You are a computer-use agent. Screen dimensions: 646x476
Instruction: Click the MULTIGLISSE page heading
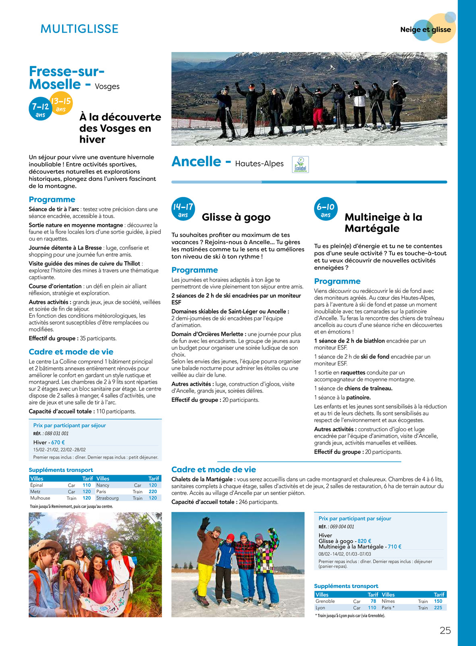(79, 29)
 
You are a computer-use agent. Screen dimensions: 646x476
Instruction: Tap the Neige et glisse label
(425, 29)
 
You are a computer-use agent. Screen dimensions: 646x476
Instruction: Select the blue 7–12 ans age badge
(40, 109)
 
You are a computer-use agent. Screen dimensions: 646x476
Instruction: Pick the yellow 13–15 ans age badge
(61, 104)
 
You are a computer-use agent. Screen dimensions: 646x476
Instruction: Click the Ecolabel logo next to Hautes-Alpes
(300, 164)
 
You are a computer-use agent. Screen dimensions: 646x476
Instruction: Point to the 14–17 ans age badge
(183, 209)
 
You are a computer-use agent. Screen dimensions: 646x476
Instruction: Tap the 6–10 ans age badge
(326, 209)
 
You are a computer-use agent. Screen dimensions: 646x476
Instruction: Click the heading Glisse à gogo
(236, 217)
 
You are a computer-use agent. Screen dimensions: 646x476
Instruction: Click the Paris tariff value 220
(153, 492)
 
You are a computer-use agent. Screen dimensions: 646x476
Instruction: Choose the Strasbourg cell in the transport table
(108, 498)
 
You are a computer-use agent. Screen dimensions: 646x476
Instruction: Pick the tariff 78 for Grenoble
(373, 601)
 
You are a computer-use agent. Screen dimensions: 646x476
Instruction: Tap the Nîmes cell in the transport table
(388, 601)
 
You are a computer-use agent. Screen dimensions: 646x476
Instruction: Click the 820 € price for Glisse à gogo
(364, 541)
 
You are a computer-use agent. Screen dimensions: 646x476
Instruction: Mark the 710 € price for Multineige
(394, 547)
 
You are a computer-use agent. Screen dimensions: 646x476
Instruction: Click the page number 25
(445, 631)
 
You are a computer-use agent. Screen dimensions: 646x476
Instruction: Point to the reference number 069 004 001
(342, 527)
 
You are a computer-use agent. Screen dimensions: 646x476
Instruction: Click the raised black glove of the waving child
(206, 523)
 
